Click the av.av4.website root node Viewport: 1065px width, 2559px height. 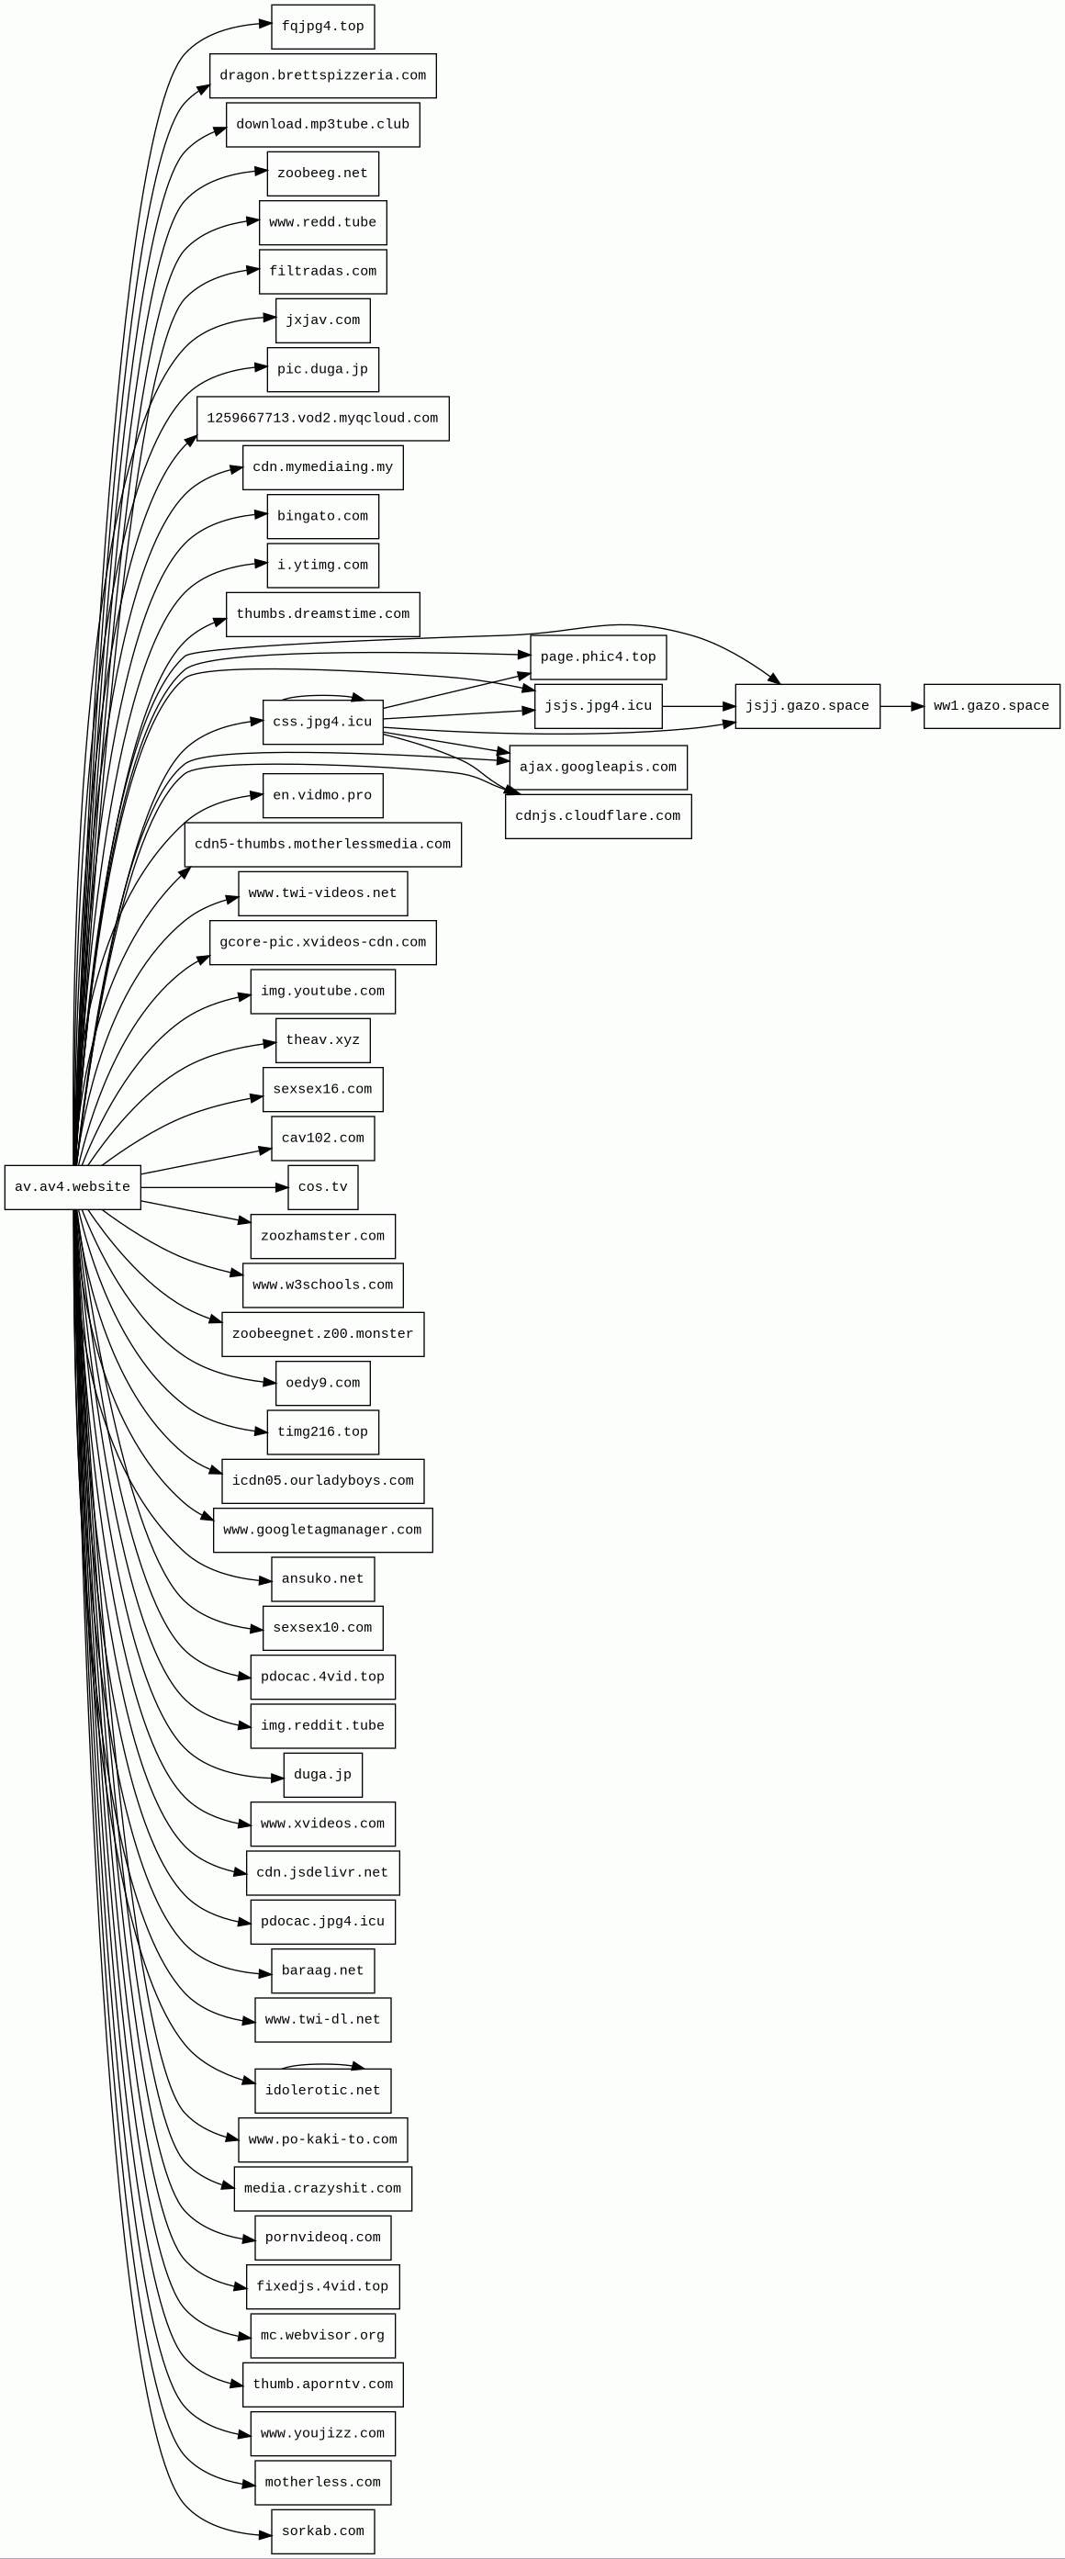point(73,1187)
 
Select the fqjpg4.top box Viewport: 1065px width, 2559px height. point(323,27)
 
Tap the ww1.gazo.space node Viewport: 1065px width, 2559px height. point(991,706)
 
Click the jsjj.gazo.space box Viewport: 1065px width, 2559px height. point(807,706)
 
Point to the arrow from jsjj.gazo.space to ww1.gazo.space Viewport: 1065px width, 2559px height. point(901,706)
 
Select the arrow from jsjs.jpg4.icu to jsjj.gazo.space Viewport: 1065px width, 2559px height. point(698,706)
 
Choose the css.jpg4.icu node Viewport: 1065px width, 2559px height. point(323,723)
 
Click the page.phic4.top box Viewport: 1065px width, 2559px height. point(598,657)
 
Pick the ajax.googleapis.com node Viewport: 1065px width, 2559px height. point(598,768)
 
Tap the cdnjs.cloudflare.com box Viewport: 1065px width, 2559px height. point(598,816)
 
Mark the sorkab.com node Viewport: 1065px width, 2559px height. point(323,2531)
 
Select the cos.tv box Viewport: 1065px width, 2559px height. point(323,1187)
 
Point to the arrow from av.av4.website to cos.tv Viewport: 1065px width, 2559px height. point(214,1187)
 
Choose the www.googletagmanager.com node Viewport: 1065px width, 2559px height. point(323,1530)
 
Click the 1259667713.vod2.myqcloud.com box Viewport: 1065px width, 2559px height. point(323,418)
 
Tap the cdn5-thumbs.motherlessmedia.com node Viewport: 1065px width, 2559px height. point(323,845)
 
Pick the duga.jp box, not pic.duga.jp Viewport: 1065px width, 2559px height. point(323,1775)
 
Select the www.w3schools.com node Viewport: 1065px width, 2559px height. point(323,1285)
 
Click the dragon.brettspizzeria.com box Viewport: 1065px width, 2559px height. point(323,75)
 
